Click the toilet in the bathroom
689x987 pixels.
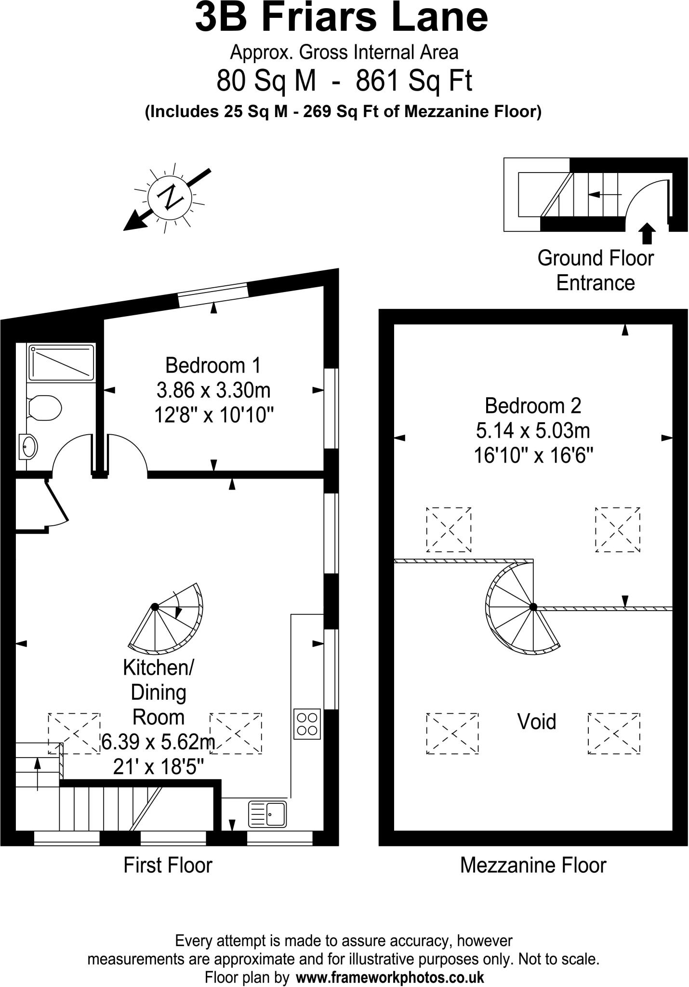[x=44, y=408]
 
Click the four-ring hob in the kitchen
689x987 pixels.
[x=307, y=724]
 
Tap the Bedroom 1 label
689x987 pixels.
[x=213, y=365]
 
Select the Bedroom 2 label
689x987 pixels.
[x=533, y=405]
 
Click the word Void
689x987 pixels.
[x=537, y=721]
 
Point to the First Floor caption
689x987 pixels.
[x=168, y=865]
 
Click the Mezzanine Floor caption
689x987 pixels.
[x=533, y=865]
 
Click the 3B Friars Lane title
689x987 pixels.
[x=341, y=17]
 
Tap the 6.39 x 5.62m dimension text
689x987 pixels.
[x=158, y=742]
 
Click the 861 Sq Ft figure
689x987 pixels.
[x=414, y=80]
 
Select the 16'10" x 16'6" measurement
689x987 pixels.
[x=533, y=455]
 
